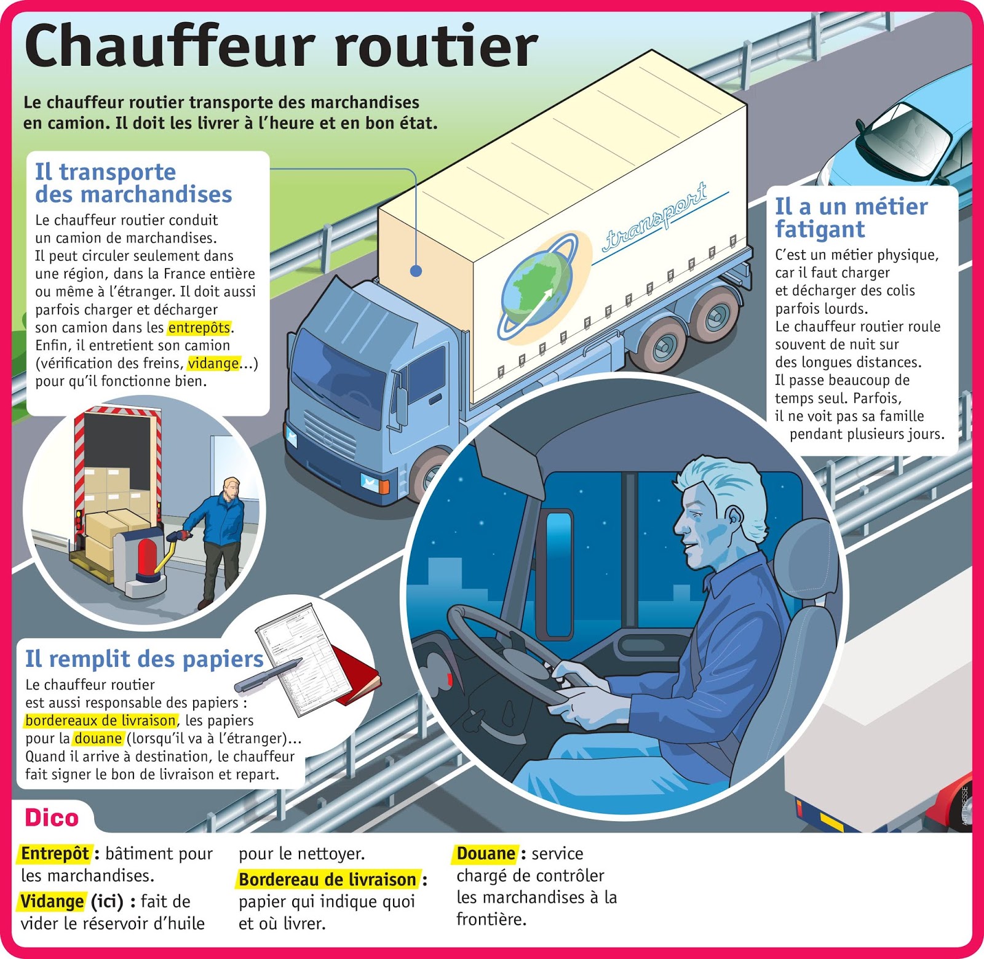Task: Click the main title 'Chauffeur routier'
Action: [x=281, y=47]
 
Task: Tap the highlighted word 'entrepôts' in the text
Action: [x=199, y=328]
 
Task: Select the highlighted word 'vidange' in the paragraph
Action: [x=213, y=364]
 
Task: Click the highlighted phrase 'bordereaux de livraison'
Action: [x=101, y=720]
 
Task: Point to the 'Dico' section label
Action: [x=52, y=818]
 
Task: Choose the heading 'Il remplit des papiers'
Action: [x=144, y=659]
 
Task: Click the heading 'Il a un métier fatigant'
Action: [x=851, y=217]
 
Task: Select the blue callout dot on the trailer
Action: [x=416, y=271]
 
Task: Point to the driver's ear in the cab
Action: [x=733, y=519]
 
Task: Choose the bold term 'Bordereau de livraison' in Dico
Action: [x=327, y=880]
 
